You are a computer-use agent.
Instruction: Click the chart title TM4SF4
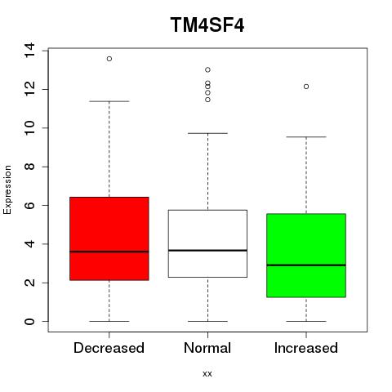pos(207,24)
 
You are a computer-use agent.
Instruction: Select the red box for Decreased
pos(109,238)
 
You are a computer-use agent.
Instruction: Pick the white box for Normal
pos(207,243)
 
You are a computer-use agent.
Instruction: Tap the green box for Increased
pos(306,256)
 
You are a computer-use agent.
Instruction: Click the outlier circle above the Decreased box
pos(109,59)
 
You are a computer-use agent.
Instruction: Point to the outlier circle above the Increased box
pos(306,87)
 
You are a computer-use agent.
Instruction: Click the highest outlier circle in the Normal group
pos(207,69)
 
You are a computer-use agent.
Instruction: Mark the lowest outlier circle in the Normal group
pos(207,100)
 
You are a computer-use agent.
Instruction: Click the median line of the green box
pos(306,265)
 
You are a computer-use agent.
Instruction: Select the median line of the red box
pos(109,252)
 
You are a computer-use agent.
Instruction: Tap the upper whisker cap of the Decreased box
pos(109,101)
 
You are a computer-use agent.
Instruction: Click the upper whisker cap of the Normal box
pos(207,133)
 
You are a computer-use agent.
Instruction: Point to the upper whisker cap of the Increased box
pos(306,137)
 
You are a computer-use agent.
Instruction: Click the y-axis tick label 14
pos(29,51)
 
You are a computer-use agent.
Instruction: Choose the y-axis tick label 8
pos(29,167)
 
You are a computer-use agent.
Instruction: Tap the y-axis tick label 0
pos(29,322)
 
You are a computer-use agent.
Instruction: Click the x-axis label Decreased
pos(109,348)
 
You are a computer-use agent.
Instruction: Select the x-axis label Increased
pos(306,348)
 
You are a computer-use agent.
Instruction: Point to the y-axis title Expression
pos(7,189)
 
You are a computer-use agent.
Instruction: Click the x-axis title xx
pos(207,374)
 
